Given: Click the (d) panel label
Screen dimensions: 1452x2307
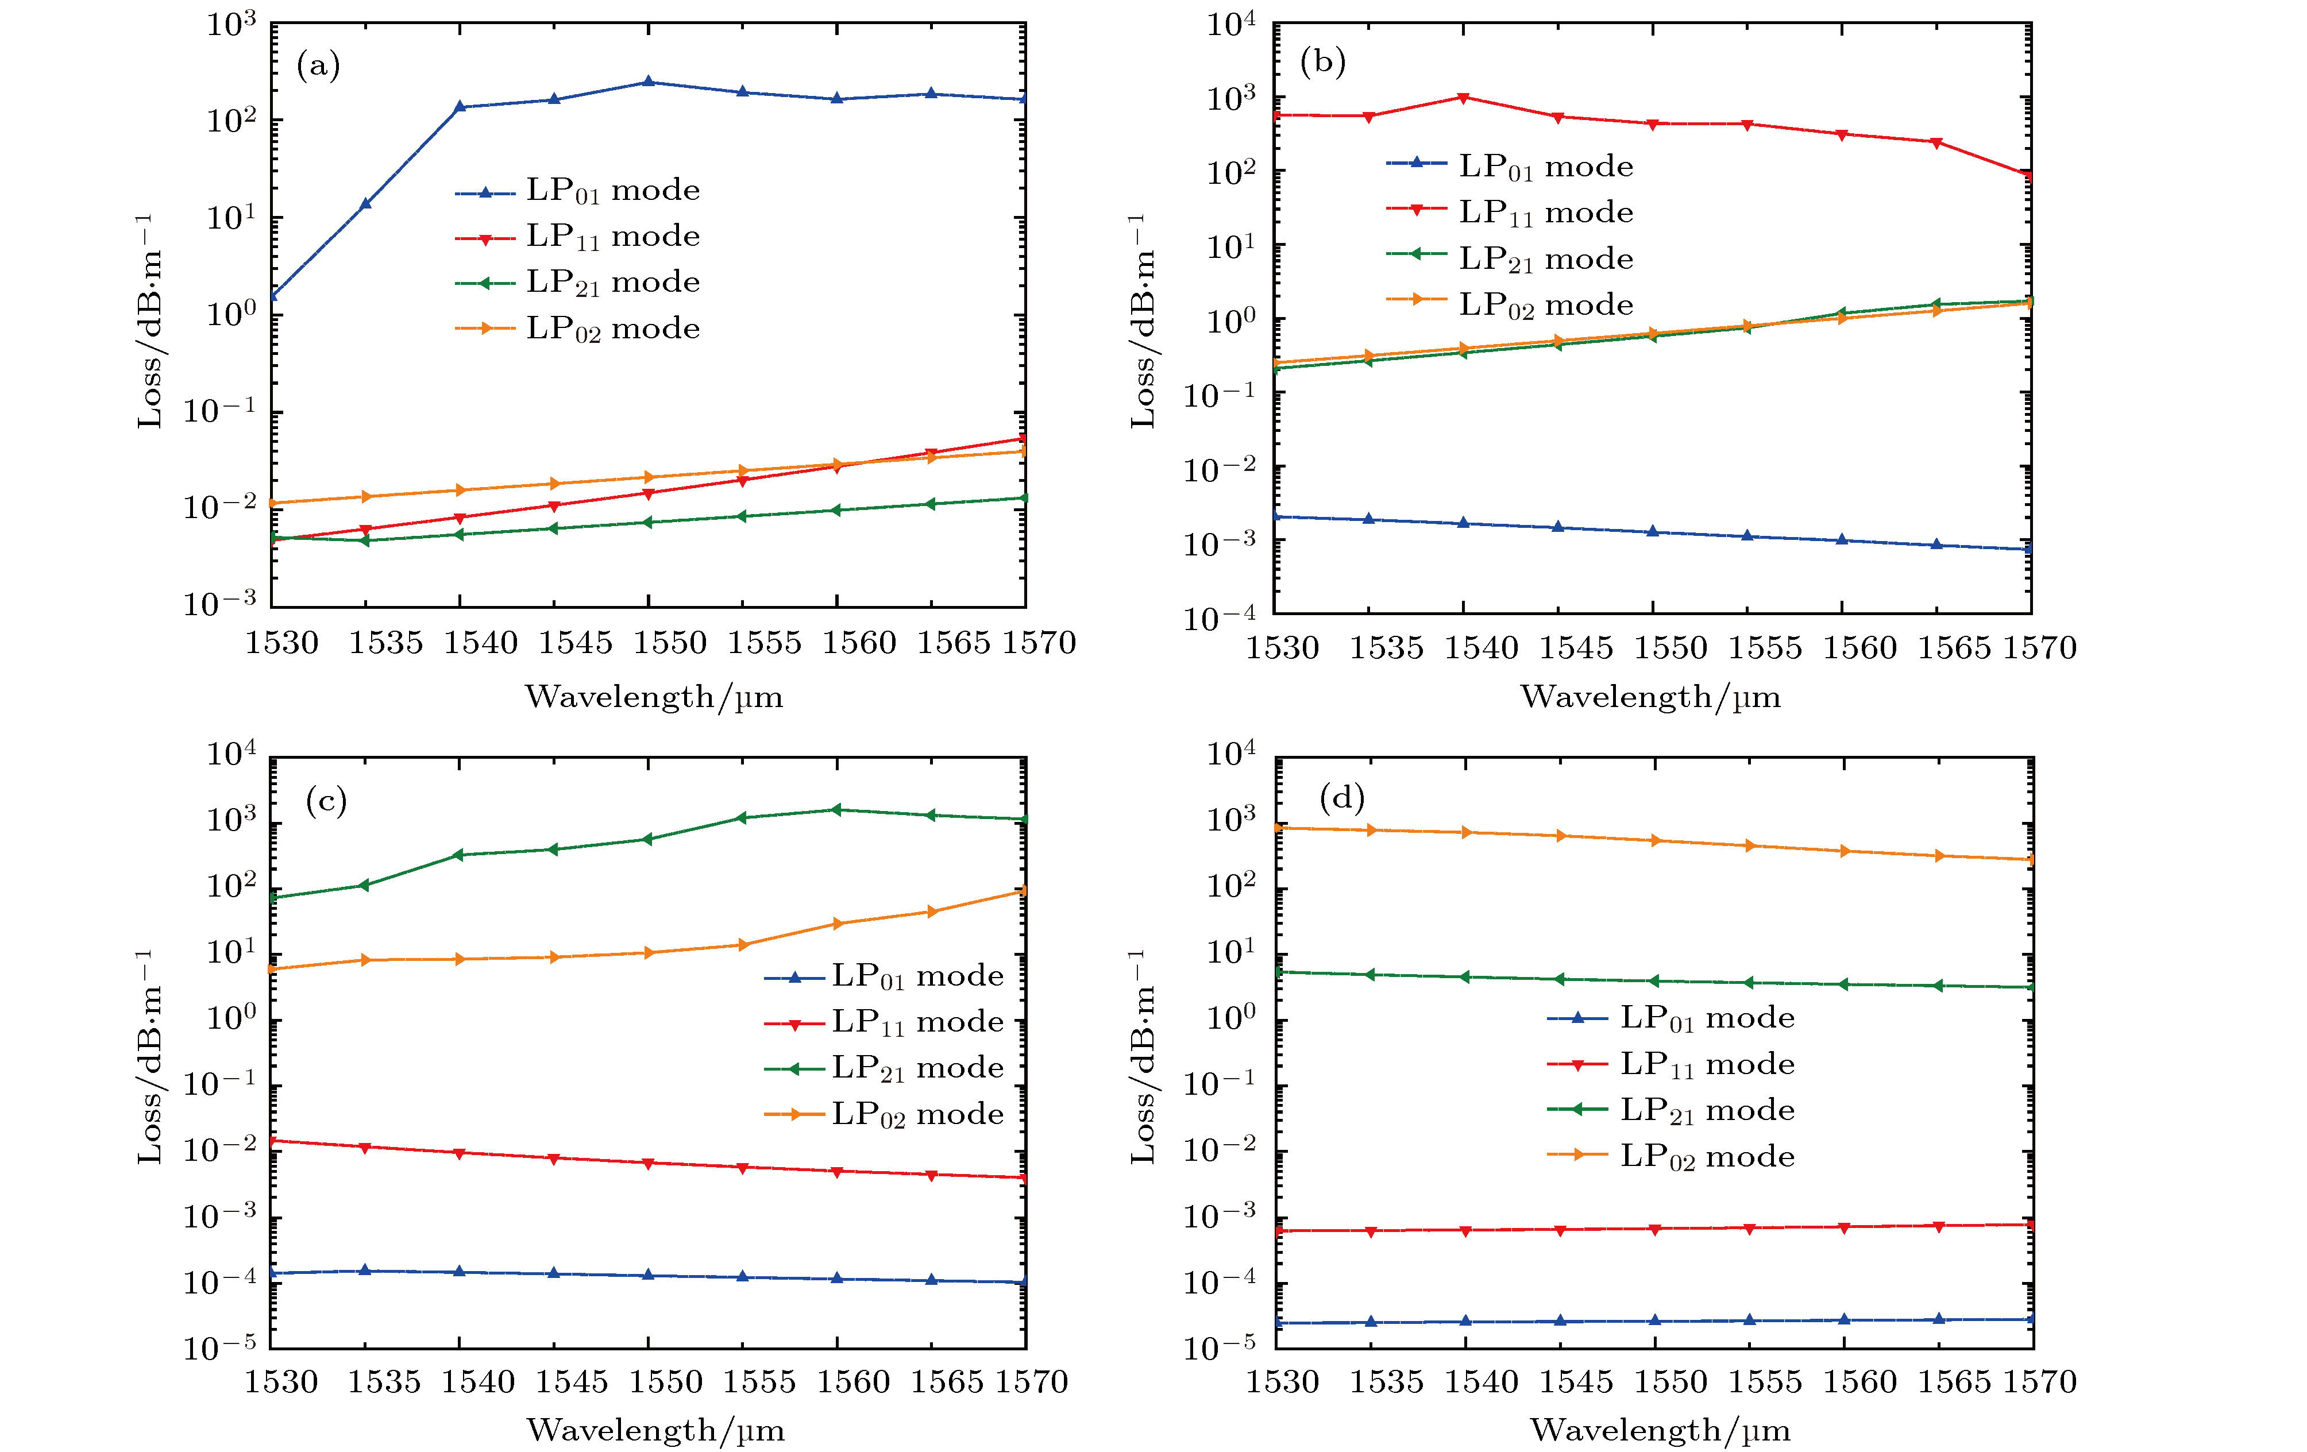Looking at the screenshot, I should (x=1341, y=798).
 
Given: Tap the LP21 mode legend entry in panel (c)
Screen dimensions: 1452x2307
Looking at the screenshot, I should (x=917, y=1067).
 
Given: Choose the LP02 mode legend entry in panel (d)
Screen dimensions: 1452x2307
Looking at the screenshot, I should (x=1706, y=1156).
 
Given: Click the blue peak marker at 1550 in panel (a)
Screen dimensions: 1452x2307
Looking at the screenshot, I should (x=649, y=82).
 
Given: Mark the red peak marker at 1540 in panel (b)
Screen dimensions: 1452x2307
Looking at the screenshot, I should (x=1463, y=98).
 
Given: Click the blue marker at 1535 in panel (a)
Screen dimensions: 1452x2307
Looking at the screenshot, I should (x=365, y=203).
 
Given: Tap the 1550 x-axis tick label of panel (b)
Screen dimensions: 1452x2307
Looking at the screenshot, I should (x=1670, y=648).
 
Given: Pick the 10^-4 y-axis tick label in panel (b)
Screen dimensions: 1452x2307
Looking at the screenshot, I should (x=1218, y=618).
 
